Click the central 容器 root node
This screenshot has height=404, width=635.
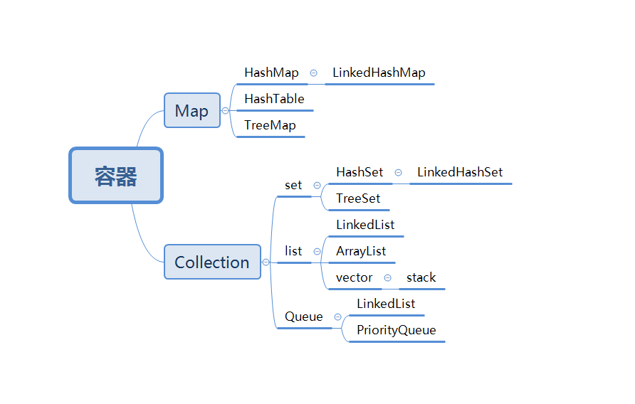point(116,175)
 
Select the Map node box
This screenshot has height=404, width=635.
point(191,110)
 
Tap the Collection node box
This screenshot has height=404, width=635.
point(212,262)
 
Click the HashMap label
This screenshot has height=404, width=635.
point(271,73)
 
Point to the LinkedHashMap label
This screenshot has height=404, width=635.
point(379,73)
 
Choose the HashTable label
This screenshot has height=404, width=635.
point(274,99)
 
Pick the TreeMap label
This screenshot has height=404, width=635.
point(270,125)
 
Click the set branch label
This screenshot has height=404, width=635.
point(293,185)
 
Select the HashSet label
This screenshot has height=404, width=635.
point(360,172)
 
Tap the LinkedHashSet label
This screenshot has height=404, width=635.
point(460,172)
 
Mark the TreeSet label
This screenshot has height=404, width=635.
point(358,198)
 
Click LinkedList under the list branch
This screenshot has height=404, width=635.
point(365,225)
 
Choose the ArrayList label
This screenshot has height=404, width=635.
point(361,251)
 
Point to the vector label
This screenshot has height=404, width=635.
point(355,277)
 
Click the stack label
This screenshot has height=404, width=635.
point(421,277)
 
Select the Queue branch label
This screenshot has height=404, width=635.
point(304,317)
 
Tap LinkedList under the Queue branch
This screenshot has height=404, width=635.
point(386,304)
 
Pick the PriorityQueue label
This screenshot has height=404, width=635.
point(397,330)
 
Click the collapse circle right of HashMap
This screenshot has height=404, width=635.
point(313,73)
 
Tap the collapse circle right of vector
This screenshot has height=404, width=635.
point(388,278)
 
